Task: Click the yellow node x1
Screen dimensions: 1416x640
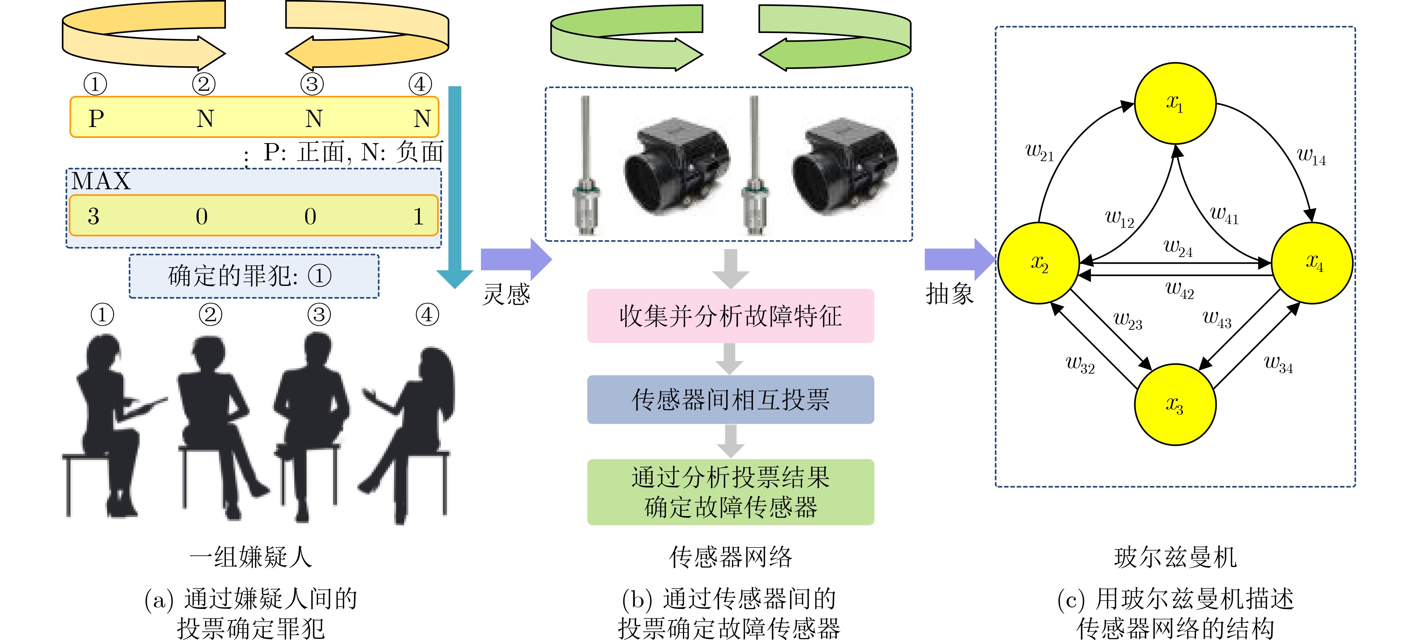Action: (x=1175, y=103)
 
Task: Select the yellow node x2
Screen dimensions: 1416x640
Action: (x=1038, y=263)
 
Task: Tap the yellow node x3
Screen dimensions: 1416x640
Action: (x=1175, y=404)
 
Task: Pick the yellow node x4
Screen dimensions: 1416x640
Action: (x=1312, y=263)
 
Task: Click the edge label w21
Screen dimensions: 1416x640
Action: (x=1040, y=151)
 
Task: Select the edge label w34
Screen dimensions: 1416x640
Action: (x=1279, y=363)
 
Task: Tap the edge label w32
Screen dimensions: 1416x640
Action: (x=1080, y=364)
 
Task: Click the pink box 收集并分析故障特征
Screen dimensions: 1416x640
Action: (x=730, y=316)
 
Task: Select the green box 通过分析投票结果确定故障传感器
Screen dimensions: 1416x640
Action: (x=730, y=492)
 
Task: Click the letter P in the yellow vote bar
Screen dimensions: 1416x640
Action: (x=96, y=118)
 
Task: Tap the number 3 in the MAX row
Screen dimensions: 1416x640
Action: (x=93, y=216)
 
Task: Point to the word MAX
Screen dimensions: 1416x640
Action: (x=101, y=181)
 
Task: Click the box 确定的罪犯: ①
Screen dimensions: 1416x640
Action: (x=254, y=276)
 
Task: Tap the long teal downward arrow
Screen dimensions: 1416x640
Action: (x=455, y=187)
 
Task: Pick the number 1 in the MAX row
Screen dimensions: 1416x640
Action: (x=419, y=216)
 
